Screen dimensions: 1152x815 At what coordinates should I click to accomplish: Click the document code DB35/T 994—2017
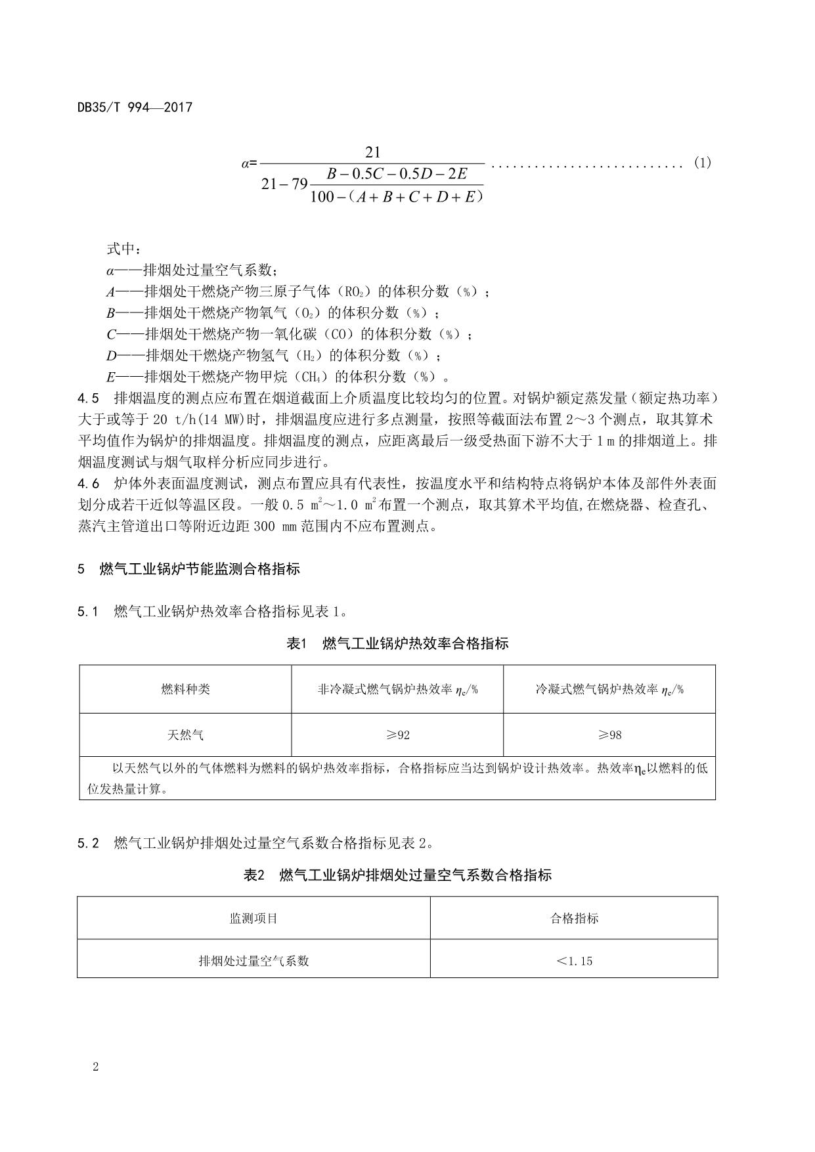point(135,107)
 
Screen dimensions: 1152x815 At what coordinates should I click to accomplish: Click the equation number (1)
point(702,163)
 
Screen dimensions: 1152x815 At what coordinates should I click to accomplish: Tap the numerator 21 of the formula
point(372,152)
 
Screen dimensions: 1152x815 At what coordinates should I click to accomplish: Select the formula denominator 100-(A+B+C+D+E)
point(397,196)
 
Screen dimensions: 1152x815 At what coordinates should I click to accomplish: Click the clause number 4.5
point(88,398)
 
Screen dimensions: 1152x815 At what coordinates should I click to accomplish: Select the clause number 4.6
point(88,484)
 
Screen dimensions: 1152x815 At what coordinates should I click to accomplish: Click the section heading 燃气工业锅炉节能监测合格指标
point(200,569)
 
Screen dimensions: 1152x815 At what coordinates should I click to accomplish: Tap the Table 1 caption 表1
point(297,643)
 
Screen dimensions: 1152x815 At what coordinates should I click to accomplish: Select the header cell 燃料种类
point(186,689)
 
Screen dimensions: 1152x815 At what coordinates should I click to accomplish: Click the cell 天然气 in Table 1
point(186,735)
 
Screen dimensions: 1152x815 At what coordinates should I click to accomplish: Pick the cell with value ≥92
point(397,735)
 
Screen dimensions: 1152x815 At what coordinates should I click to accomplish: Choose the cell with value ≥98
point(609,735)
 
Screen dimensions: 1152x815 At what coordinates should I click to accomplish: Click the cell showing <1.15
point(574,961)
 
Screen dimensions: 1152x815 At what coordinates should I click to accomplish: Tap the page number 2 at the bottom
point(96,1067)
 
